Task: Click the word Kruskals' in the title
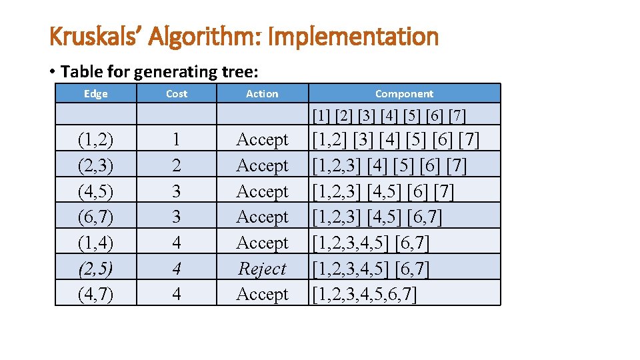(x=96, y=37)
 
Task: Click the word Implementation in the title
(x=353, y=37)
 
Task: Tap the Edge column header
(x=96, y=94)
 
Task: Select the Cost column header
(x=177, y=94)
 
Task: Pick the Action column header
(x=262, y=94)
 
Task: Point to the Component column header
(x=404, y=94)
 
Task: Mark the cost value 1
(x=176, y=140)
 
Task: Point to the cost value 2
(x=176, y=165)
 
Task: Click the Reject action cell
(x=262, y=269)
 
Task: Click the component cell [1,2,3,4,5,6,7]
(x=365, y=294)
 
